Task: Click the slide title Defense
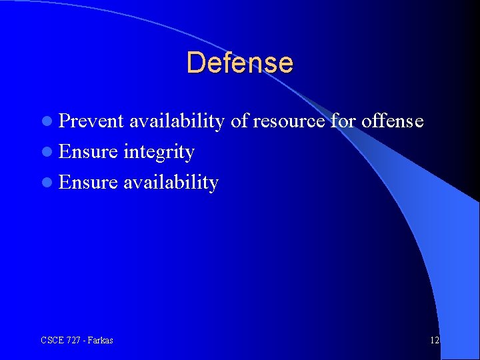click(239, 63)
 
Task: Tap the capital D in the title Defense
click(195, 63)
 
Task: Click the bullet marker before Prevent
click(47, 121)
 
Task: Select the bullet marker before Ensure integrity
click(47, 152)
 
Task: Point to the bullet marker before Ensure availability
click(47, 183)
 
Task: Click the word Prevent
click(91, 121)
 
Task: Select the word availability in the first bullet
click(177, 121)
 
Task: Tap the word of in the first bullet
click(239, 121)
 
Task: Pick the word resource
click(289, 121)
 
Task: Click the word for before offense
click(343, 121)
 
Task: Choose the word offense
click(393, 121)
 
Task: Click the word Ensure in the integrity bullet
click(88, 151)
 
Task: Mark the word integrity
click(159, 153)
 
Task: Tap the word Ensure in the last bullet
click(88, 182)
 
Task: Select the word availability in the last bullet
click(171, 183)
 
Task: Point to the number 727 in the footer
click(73, 341)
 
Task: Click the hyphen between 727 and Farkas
click(84, 341)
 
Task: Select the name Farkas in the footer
click(100, 341)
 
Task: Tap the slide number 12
click(434, 341)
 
